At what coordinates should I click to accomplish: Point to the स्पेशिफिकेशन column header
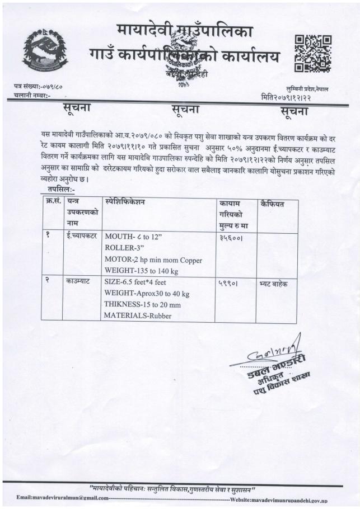click(132, 200)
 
